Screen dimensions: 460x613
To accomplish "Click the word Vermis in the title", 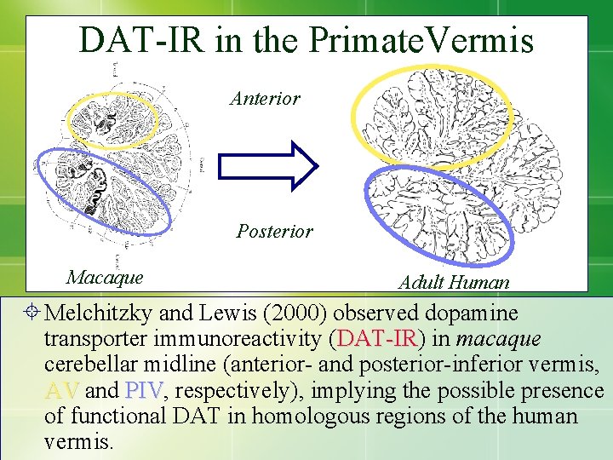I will (x=484, y=40).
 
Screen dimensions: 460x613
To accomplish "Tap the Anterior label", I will (x=265, y=99).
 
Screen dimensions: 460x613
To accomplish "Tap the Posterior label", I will (x=274, y=231).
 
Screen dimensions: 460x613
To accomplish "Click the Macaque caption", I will (x=105, y=277).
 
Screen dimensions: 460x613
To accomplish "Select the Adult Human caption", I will (x=454, y=282).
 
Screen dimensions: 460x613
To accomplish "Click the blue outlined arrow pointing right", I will (x=267, y=164).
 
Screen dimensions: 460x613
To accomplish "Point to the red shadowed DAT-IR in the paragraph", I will (x=375, y=339).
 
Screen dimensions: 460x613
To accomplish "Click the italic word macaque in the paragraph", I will (x=498, y=339).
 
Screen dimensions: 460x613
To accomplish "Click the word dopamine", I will (x=465, y=313).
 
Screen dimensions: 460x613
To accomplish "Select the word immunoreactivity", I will (x=240, y=339).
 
